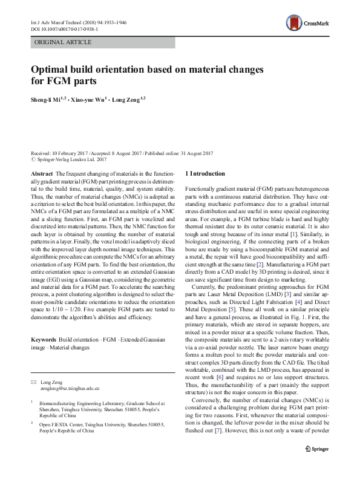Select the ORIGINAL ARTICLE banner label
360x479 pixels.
point(64,42)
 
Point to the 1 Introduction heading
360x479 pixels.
point(205,174)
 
